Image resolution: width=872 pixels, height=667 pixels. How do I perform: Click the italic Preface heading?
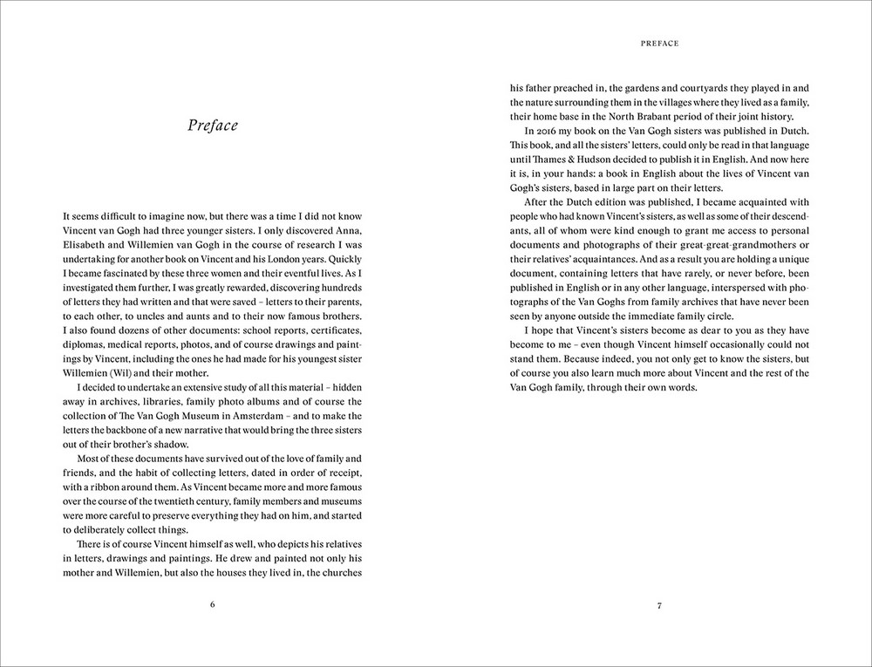click(213, 126)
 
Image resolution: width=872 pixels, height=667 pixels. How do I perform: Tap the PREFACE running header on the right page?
click(659, 42)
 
